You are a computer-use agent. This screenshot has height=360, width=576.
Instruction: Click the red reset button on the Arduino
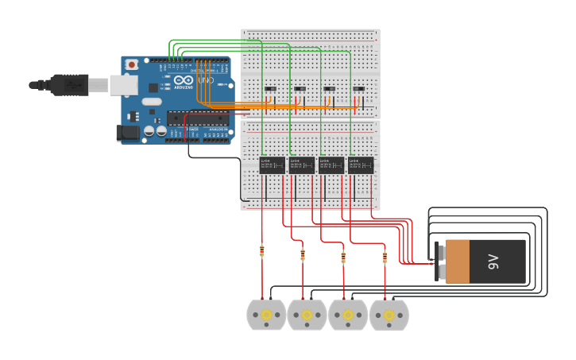pyautogui.click(x=132, y=64)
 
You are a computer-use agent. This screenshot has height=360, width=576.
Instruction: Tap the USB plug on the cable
pyautogui.click(x=71, y=83)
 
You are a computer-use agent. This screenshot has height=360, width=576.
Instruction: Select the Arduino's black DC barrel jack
pyautogui.click(x=127, y=133)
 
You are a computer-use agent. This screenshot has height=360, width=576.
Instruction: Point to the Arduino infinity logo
pyautogui.click(x=184, y=80)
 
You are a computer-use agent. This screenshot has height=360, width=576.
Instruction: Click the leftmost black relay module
pyautogui.click(x=272, y=165)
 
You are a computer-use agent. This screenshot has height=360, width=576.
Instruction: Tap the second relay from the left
pyautogui.click(x=301, y=165)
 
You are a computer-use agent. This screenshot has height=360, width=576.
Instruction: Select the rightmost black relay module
pyautogui.click(x=361, y=165)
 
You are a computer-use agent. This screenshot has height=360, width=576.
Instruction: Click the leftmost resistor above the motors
pyautogui.click(x=262, y=252)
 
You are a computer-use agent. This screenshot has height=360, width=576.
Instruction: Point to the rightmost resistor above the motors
pyautogui.click(x=385, y=257)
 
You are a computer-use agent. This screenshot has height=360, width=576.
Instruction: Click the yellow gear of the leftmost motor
pyautogui.click(x=266, y=315)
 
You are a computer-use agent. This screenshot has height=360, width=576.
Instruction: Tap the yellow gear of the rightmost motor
pyautogui.click(x=389, y=315)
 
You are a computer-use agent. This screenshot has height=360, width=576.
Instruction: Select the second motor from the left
pyautogui.click(x=307, y=315)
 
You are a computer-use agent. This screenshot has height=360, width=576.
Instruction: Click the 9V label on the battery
pyautogui.click(x=493, y=261)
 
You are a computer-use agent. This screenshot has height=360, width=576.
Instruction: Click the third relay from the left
pyautogui.click(x=331, y=165)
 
